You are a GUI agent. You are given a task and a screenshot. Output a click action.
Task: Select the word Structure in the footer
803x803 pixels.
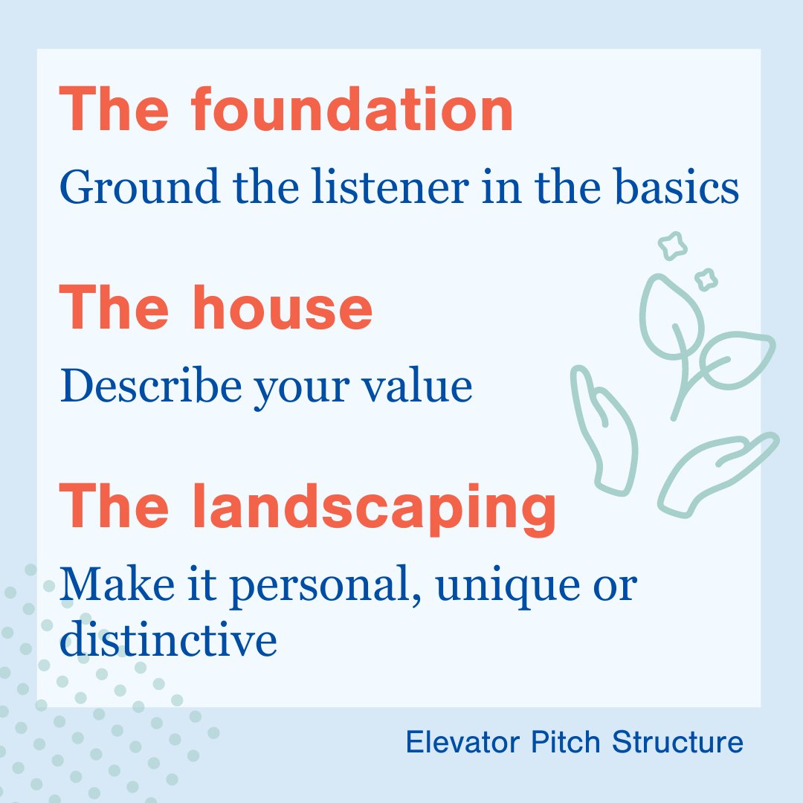[x=677, y=742]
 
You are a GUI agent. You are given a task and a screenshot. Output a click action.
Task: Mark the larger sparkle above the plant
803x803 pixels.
[x=674, y=246]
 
